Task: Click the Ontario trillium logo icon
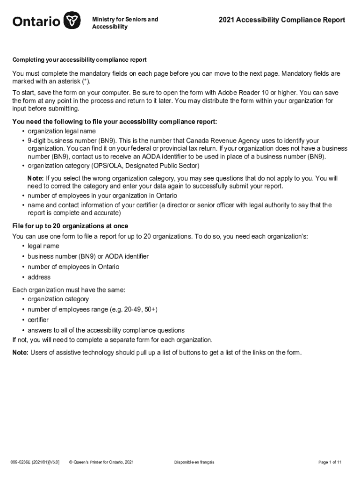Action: (72, 21)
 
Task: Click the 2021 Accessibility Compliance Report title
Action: (282, 20)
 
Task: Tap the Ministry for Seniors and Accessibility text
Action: (125, 23)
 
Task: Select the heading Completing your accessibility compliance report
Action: (79, 60)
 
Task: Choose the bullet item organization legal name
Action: (62, 131)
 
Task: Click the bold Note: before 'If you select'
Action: (36, 178)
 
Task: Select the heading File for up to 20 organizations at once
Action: (70, 226)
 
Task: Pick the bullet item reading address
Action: (39, 277)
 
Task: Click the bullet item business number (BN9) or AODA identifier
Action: (88, 256)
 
